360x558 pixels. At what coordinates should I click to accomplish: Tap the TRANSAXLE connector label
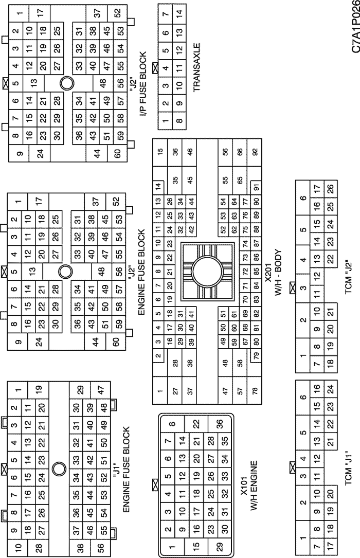[x=197, y=67]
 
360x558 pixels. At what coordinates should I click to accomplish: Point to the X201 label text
[x=268, y=274]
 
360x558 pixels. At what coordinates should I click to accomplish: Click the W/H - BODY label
[x=278, y=273]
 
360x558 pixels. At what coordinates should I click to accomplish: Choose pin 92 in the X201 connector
[x=255, y=151]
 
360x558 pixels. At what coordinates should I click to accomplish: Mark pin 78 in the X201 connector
[x=255, y=391]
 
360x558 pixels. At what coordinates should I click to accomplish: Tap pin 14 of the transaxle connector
[x=179, y=12]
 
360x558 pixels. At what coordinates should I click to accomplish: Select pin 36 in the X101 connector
[x=220, y=424]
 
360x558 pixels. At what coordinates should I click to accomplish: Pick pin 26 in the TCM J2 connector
[x=331, y=188]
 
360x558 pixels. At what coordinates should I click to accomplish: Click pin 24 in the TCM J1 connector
[x=331, y=388]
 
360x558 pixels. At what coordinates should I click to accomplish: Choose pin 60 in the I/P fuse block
[x=118, y=153]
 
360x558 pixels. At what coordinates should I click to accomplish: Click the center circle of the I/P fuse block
[x=67, y=83]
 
